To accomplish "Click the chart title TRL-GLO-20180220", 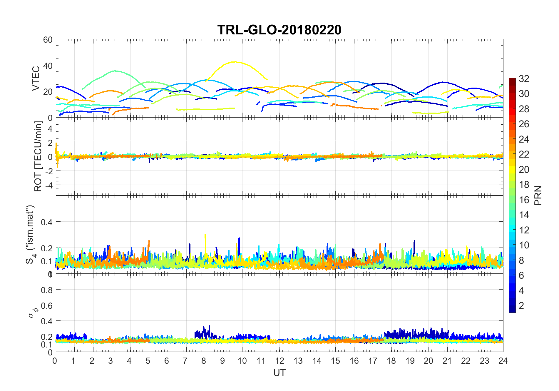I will (x=279, y=30).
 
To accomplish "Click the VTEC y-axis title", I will (x=36, y=78).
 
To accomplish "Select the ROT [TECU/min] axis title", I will (x=38, y=156).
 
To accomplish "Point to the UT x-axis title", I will (x=279, y=373).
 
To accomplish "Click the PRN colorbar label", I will (x=538, y=195).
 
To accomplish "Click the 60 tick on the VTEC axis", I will (x=48, y=40).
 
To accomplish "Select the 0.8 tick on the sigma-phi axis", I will (x=47, y=290).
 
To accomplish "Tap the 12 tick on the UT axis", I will (x=279, y=361).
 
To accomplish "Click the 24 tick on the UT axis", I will (x=503, y=361).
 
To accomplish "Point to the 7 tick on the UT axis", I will (x=185, y=361).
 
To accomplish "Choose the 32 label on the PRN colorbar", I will (x=524, y=78).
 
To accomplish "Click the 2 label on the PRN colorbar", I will (x=521, y=305).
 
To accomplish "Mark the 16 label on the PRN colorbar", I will (x=524, y=200).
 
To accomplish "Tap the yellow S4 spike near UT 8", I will (x=205, y=235).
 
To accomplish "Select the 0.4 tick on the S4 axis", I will (x=47, y=222).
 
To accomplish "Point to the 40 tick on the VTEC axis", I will (x=48, y=66).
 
